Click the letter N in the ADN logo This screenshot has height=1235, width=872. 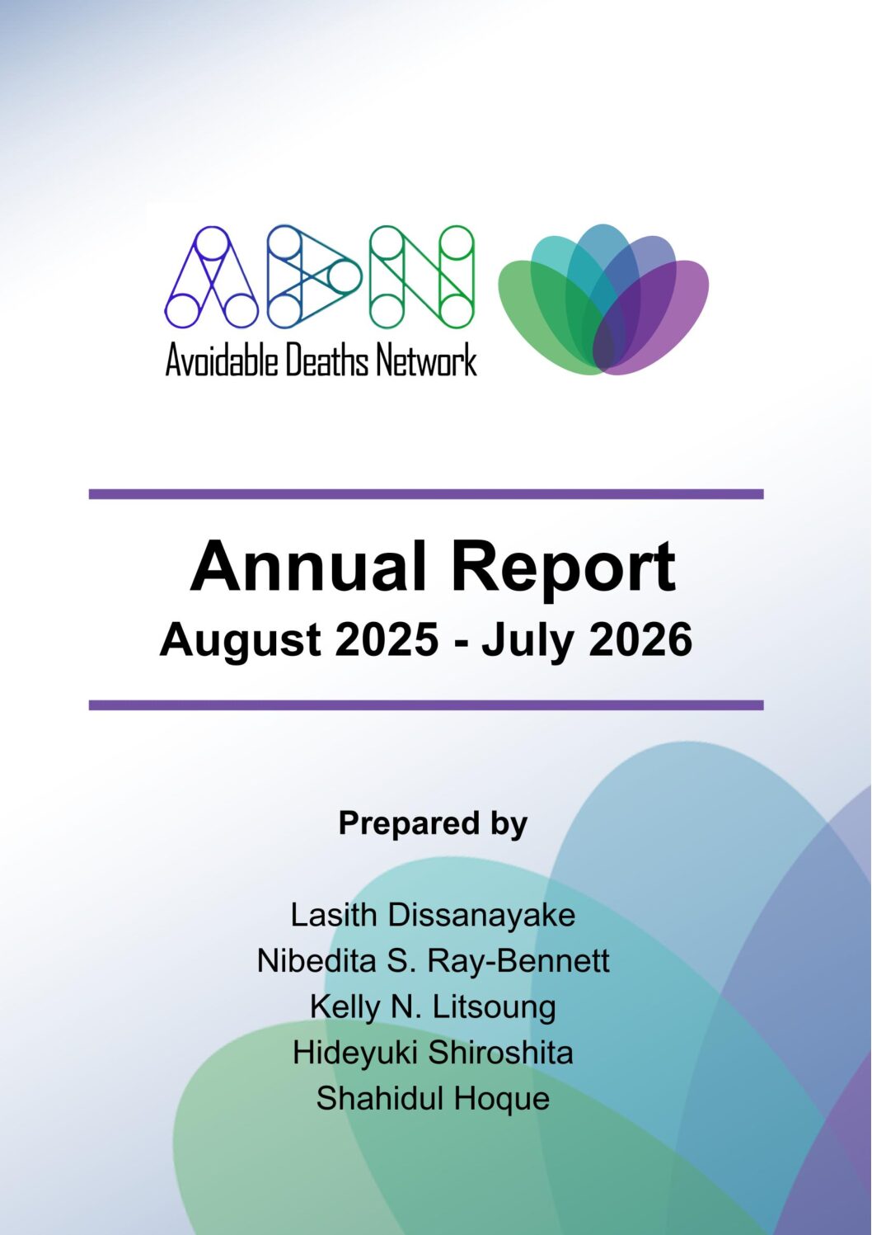[x=422, y=276]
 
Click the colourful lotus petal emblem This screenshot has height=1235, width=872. [x=603, y=300]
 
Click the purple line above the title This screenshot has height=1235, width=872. [x=426, y=494]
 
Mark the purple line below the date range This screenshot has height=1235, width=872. [x=426, y=705]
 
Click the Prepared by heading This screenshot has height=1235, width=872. [x=433, y=825]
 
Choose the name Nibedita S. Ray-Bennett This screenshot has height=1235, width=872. [x=433, y=961]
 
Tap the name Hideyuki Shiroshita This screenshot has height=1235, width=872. [x=433, y=1053]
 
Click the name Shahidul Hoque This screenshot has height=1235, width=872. [x=433, y=1098]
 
